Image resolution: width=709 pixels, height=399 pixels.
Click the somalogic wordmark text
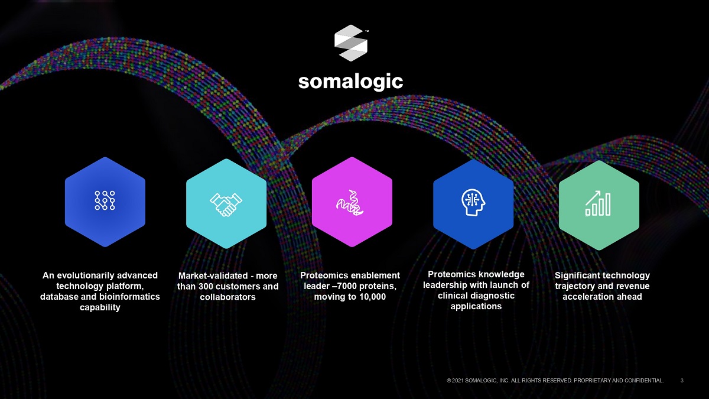(x=351, y=82)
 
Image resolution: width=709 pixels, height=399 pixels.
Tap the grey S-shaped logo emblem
(x=351, y=43)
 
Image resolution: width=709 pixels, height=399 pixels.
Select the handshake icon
(x=226, y=205)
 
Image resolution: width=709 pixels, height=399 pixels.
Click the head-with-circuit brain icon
(x=473, y=202)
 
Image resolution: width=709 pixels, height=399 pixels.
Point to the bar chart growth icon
(x=598, y=203)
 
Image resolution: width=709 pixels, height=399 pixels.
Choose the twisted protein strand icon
(x=350, y=203)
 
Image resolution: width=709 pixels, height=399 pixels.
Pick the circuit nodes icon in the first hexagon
(x=105, y=200)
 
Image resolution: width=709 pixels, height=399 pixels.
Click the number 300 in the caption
(x=207, y=286)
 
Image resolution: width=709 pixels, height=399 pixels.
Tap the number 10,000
(x=372, y=297)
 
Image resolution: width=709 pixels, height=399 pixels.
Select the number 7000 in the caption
(x=347, y=286)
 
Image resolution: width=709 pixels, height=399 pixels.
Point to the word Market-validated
(x=213, y=276)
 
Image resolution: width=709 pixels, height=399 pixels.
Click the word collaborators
(x=227, y=297)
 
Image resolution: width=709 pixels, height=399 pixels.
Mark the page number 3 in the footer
(x=682, y=381)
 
